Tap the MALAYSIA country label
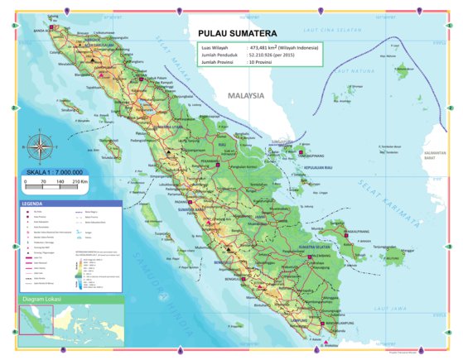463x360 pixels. pos(245,95)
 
